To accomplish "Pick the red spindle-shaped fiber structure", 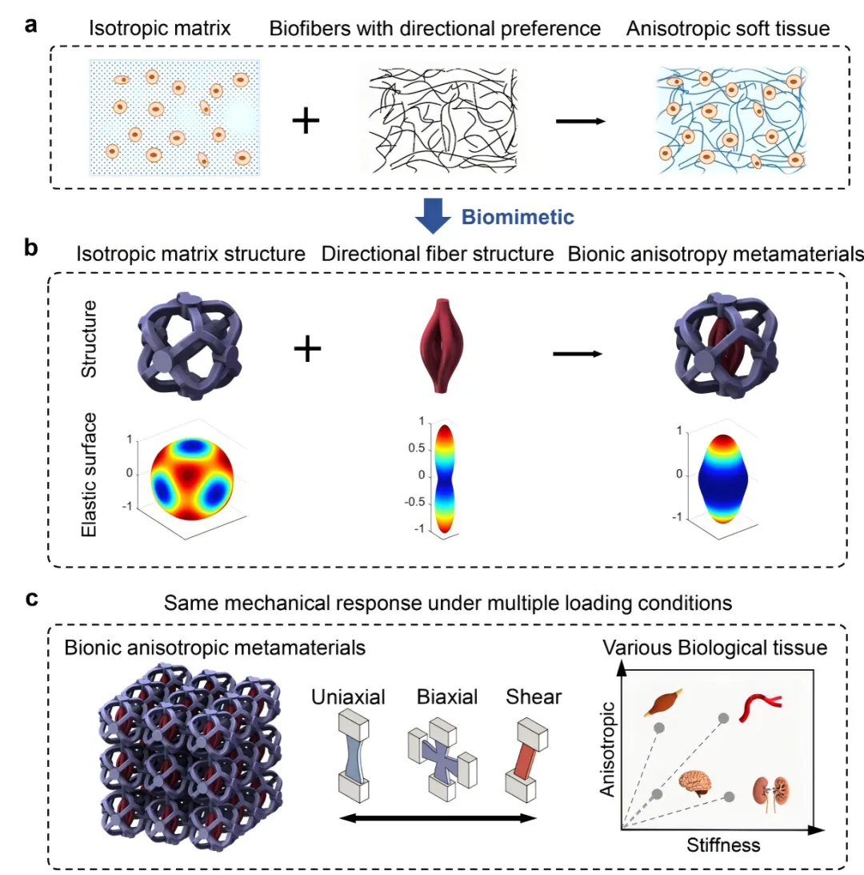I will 437,340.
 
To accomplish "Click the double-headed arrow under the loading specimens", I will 437,818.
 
